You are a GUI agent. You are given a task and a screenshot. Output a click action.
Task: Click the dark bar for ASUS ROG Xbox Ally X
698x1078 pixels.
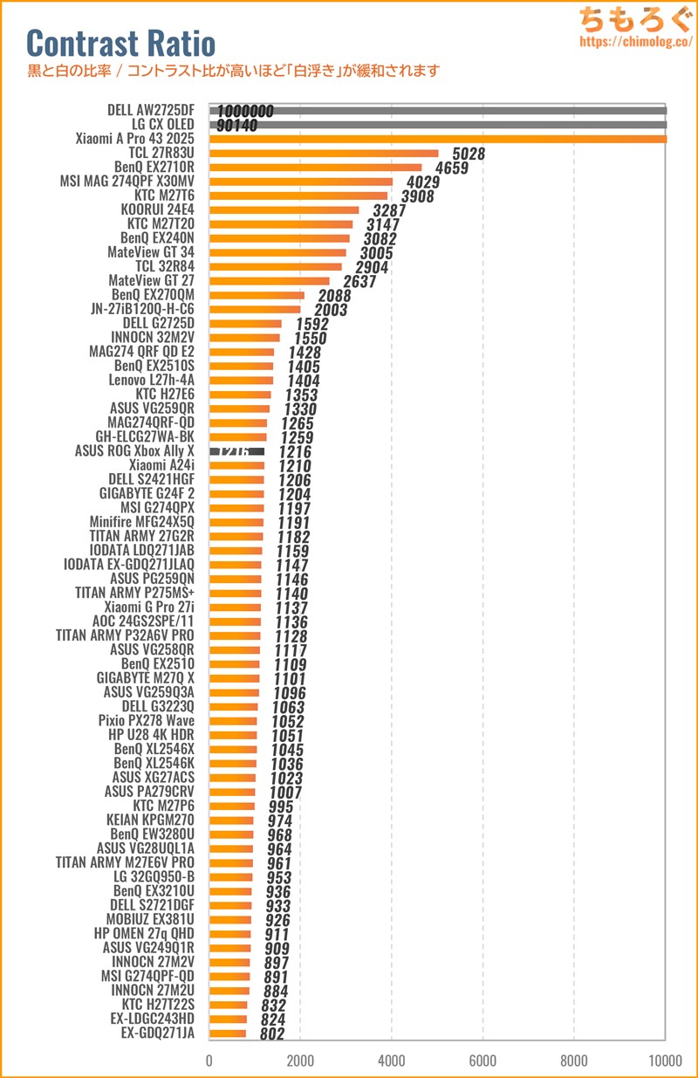(x=236, y=451)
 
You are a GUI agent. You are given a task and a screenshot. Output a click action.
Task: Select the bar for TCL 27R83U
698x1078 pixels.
(x=324, y=154)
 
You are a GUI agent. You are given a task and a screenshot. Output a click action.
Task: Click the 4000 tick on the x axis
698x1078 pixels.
(x=392, y=1060)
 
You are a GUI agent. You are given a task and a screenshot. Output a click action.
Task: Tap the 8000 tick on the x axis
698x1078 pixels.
(x=574, y=1060)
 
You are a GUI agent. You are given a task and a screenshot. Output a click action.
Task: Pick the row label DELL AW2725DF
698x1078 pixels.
(x=150, y=111)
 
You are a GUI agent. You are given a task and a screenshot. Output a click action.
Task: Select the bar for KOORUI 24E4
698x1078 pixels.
(x=284, y=210)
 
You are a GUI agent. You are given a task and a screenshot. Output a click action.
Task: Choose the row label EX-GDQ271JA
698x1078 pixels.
(x=158, y=1033)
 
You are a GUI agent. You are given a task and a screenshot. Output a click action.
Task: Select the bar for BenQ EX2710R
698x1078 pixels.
(x=315, y=168)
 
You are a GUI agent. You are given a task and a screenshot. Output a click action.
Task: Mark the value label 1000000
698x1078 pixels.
(x=246, y=112)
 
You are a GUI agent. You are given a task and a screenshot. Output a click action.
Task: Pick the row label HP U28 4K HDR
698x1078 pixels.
(x=151, y=735)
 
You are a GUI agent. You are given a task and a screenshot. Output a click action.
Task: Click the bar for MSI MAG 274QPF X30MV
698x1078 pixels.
(x=300, y=182)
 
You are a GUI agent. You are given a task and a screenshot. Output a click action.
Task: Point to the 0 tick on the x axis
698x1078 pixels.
(x=209, y=1060)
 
